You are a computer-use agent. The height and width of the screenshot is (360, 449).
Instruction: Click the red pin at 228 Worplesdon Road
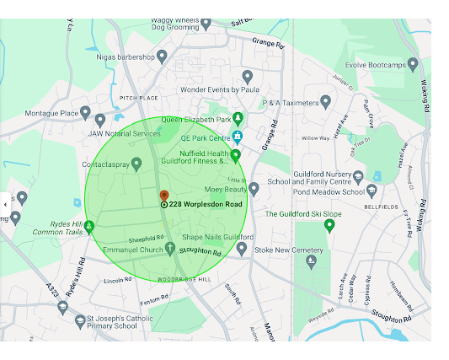[164, 196]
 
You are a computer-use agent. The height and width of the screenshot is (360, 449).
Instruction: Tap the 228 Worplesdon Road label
[205, 205]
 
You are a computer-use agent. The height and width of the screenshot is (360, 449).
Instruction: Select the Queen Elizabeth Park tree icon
[238, 118]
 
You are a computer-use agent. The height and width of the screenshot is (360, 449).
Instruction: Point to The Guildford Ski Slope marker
[329, 224]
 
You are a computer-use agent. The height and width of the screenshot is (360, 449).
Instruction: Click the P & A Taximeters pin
[326, 102]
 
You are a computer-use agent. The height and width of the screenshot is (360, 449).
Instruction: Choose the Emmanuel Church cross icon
[170, 249]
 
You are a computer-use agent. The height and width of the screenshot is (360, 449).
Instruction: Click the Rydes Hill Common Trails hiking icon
[89, 226]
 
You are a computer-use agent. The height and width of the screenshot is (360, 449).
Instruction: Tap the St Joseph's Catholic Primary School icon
[62, 308]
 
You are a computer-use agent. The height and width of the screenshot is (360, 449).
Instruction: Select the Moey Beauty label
[224, 190]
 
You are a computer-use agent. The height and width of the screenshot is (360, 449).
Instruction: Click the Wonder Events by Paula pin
[247, 77]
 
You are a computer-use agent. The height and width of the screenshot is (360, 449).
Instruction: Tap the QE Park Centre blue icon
[238, 137]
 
